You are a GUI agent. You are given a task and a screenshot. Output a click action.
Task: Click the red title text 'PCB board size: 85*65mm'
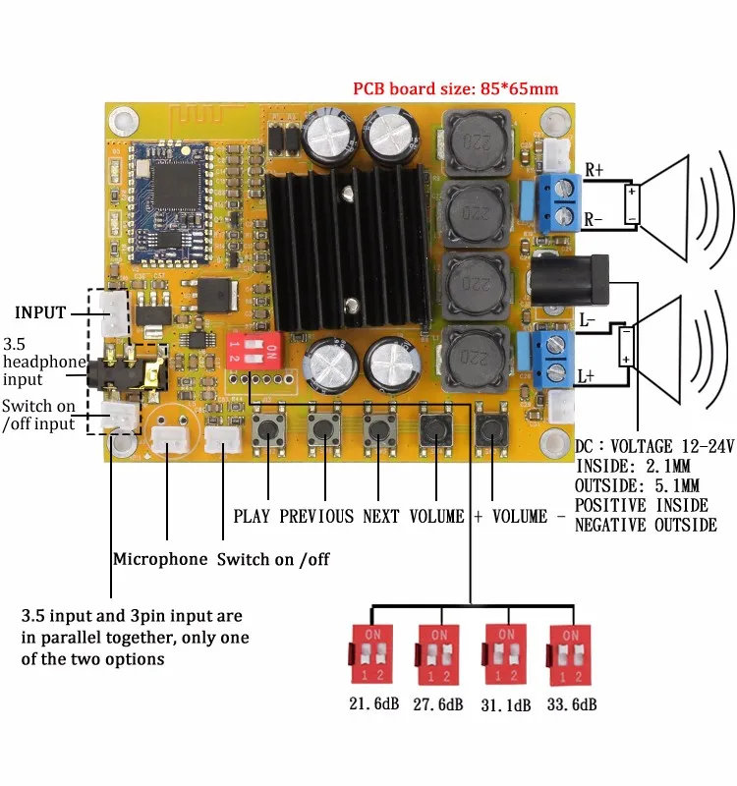456,88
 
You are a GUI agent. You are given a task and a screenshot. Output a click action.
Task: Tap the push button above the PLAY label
266,429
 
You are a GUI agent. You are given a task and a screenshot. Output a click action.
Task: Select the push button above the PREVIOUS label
322,429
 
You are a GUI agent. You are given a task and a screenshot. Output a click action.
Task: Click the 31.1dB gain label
504,704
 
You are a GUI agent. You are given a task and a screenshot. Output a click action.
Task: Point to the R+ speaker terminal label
594,169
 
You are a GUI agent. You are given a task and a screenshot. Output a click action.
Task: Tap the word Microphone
160,559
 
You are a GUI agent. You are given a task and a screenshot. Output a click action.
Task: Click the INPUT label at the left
40,312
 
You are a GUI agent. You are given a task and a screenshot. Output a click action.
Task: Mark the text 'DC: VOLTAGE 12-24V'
654,447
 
